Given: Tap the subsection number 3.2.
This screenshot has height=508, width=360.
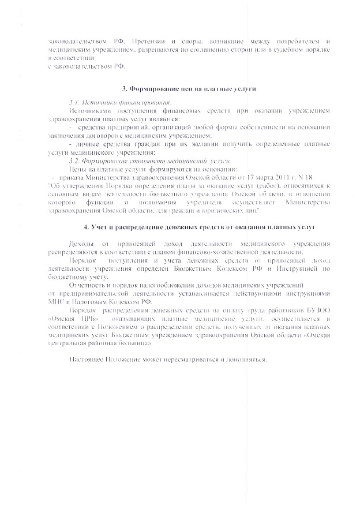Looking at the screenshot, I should tap(74, 159).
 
